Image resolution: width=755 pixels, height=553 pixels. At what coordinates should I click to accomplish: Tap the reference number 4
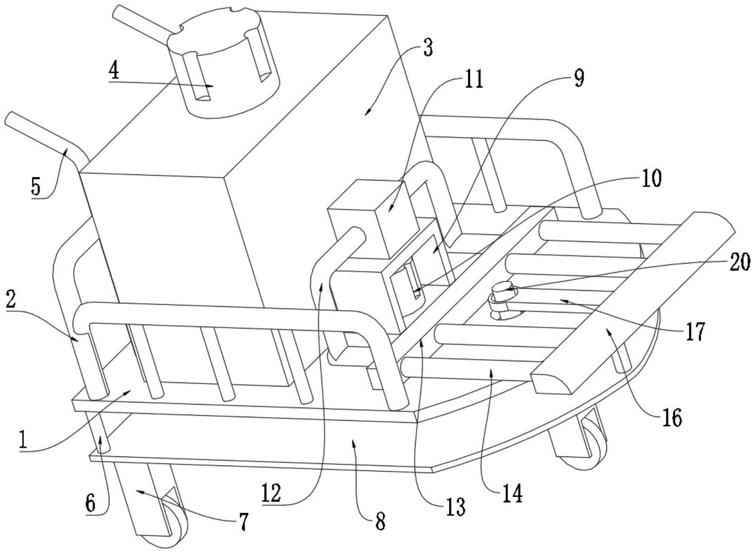(114, 71)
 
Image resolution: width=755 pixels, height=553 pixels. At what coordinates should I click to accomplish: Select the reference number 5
(36, 186)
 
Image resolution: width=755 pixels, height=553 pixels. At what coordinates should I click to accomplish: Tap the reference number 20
(740, 263)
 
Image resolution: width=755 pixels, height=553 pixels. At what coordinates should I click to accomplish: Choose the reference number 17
(695, 332)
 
